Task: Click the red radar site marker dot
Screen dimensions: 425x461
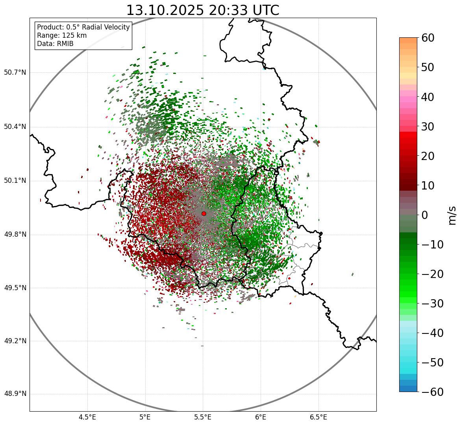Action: pyautogui.click(x=204, y=213)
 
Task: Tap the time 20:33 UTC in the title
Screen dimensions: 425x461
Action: pyautogui.click(x=244, y=10)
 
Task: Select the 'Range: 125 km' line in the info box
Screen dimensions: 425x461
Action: pyautogui.click(x=62, y=35)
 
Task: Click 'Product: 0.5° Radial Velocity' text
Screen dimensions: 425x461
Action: pyautogui.click(x=83, y=27)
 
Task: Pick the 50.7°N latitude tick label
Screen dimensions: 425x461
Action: pyautogui.click(x=15, y=73)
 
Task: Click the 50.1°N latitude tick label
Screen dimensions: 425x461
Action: pyautogui.click(x=15, y=181)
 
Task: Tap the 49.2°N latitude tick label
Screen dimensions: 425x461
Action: pyautogui.click(x=15, y=341)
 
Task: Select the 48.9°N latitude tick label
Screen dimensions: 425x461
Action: pyautogui.click(x=15, y=394)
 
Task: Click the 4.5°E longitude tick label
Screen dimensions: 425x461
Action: pyautogui.click(x=87, y=417)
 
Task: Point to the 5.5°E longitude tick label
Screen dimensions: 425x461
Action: pyautogui.click(x=203, y=417)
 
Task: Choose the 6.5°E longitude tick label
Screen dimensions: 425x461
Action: pyautogui.click(x=318, y=417)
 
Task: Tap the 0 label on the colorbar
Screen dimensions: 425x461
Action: pyautogui.click(x=425, y=215)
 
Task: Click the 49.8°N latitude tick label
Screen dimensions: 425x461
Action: pyautogui.click(x=15, y=235)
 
